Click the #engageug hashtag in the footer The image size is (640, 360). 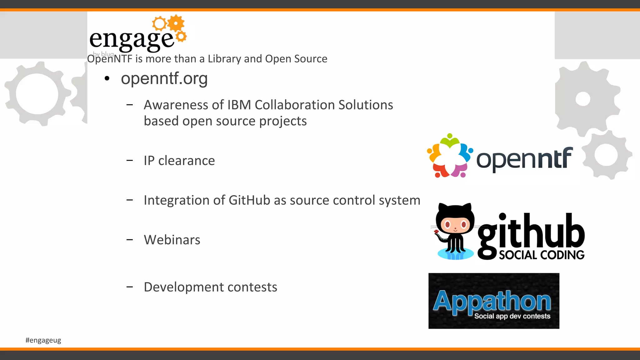click(x=43, y=340)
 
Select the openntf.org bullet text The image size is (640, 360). click(x=164, y=78)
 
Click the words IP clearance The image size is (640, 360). click(x=179, y=161)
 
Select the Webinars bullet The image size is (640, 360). click(x=172, y=240)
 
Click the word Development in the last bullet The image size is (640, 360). click(x=184, y=287)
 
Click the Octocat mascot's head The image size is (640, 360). click(x=455, y=220)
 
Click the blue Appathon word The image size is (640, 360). click(x=492, y=301)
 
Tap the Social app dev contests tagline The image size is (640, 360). click(x=512, y=316)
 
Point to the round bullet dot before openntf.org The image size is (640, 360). click(x=107, y=79)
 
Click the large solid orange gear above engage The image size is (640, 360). click(x=176, y=23)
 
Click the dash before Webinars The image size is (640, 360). click(x=130, y=240)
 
